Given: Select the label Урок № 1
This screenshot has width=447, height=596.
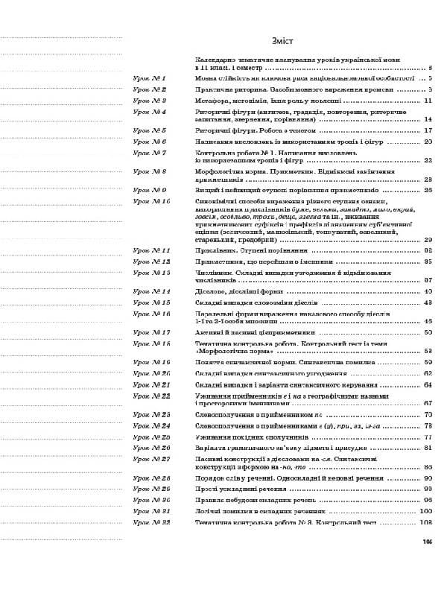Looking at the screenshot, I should click(x=149, y=77).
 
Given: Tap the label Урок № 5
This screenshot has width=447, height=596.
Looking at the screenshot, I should click(x=149, y=130).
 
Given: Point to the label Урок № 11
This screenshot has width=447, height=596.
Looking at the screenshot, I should click(x=150, y=252).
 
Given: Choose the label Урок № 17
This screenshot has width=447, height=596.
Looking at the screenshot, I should click(x=150, y=332).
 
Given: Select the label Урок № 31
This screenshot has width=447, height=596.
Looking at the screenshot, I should click(x=150, y=512).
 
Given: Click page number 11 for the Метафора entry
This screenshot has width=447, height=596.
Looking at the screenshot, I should click(x=428, y=100).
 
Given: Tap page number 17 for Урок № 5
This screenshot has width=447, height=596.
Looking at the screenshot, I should click(x=428, y=130).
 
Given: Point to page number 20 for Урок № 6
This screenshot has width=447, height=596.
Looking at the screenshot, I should click(x=428, y=141).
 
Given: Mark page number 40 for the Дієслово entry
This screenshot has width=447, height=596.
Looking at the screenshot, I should click(x=428, y=292).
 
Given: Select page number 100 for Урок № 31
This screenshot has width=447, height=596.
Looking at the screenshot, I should click(x=426, y=512).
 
